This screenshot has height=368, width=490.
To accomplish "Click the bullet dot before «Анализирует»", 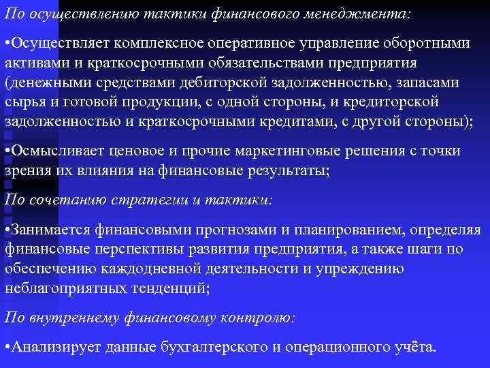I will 7,348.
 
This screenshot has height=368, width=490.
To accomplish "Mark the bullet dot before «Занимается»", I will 7,230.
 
